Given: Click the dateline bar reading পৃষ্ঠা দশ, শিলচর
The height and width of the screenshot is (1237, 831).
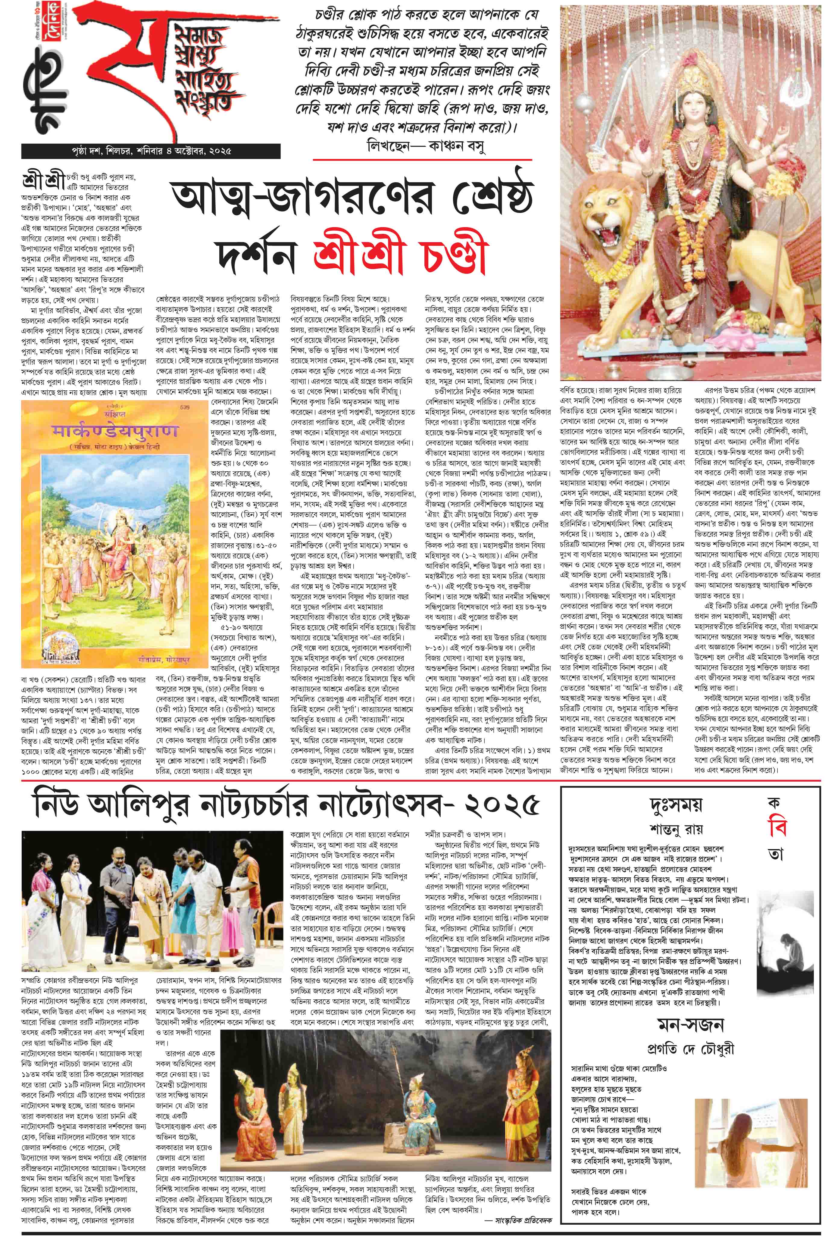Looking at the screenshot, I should (x=127, y=151).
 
